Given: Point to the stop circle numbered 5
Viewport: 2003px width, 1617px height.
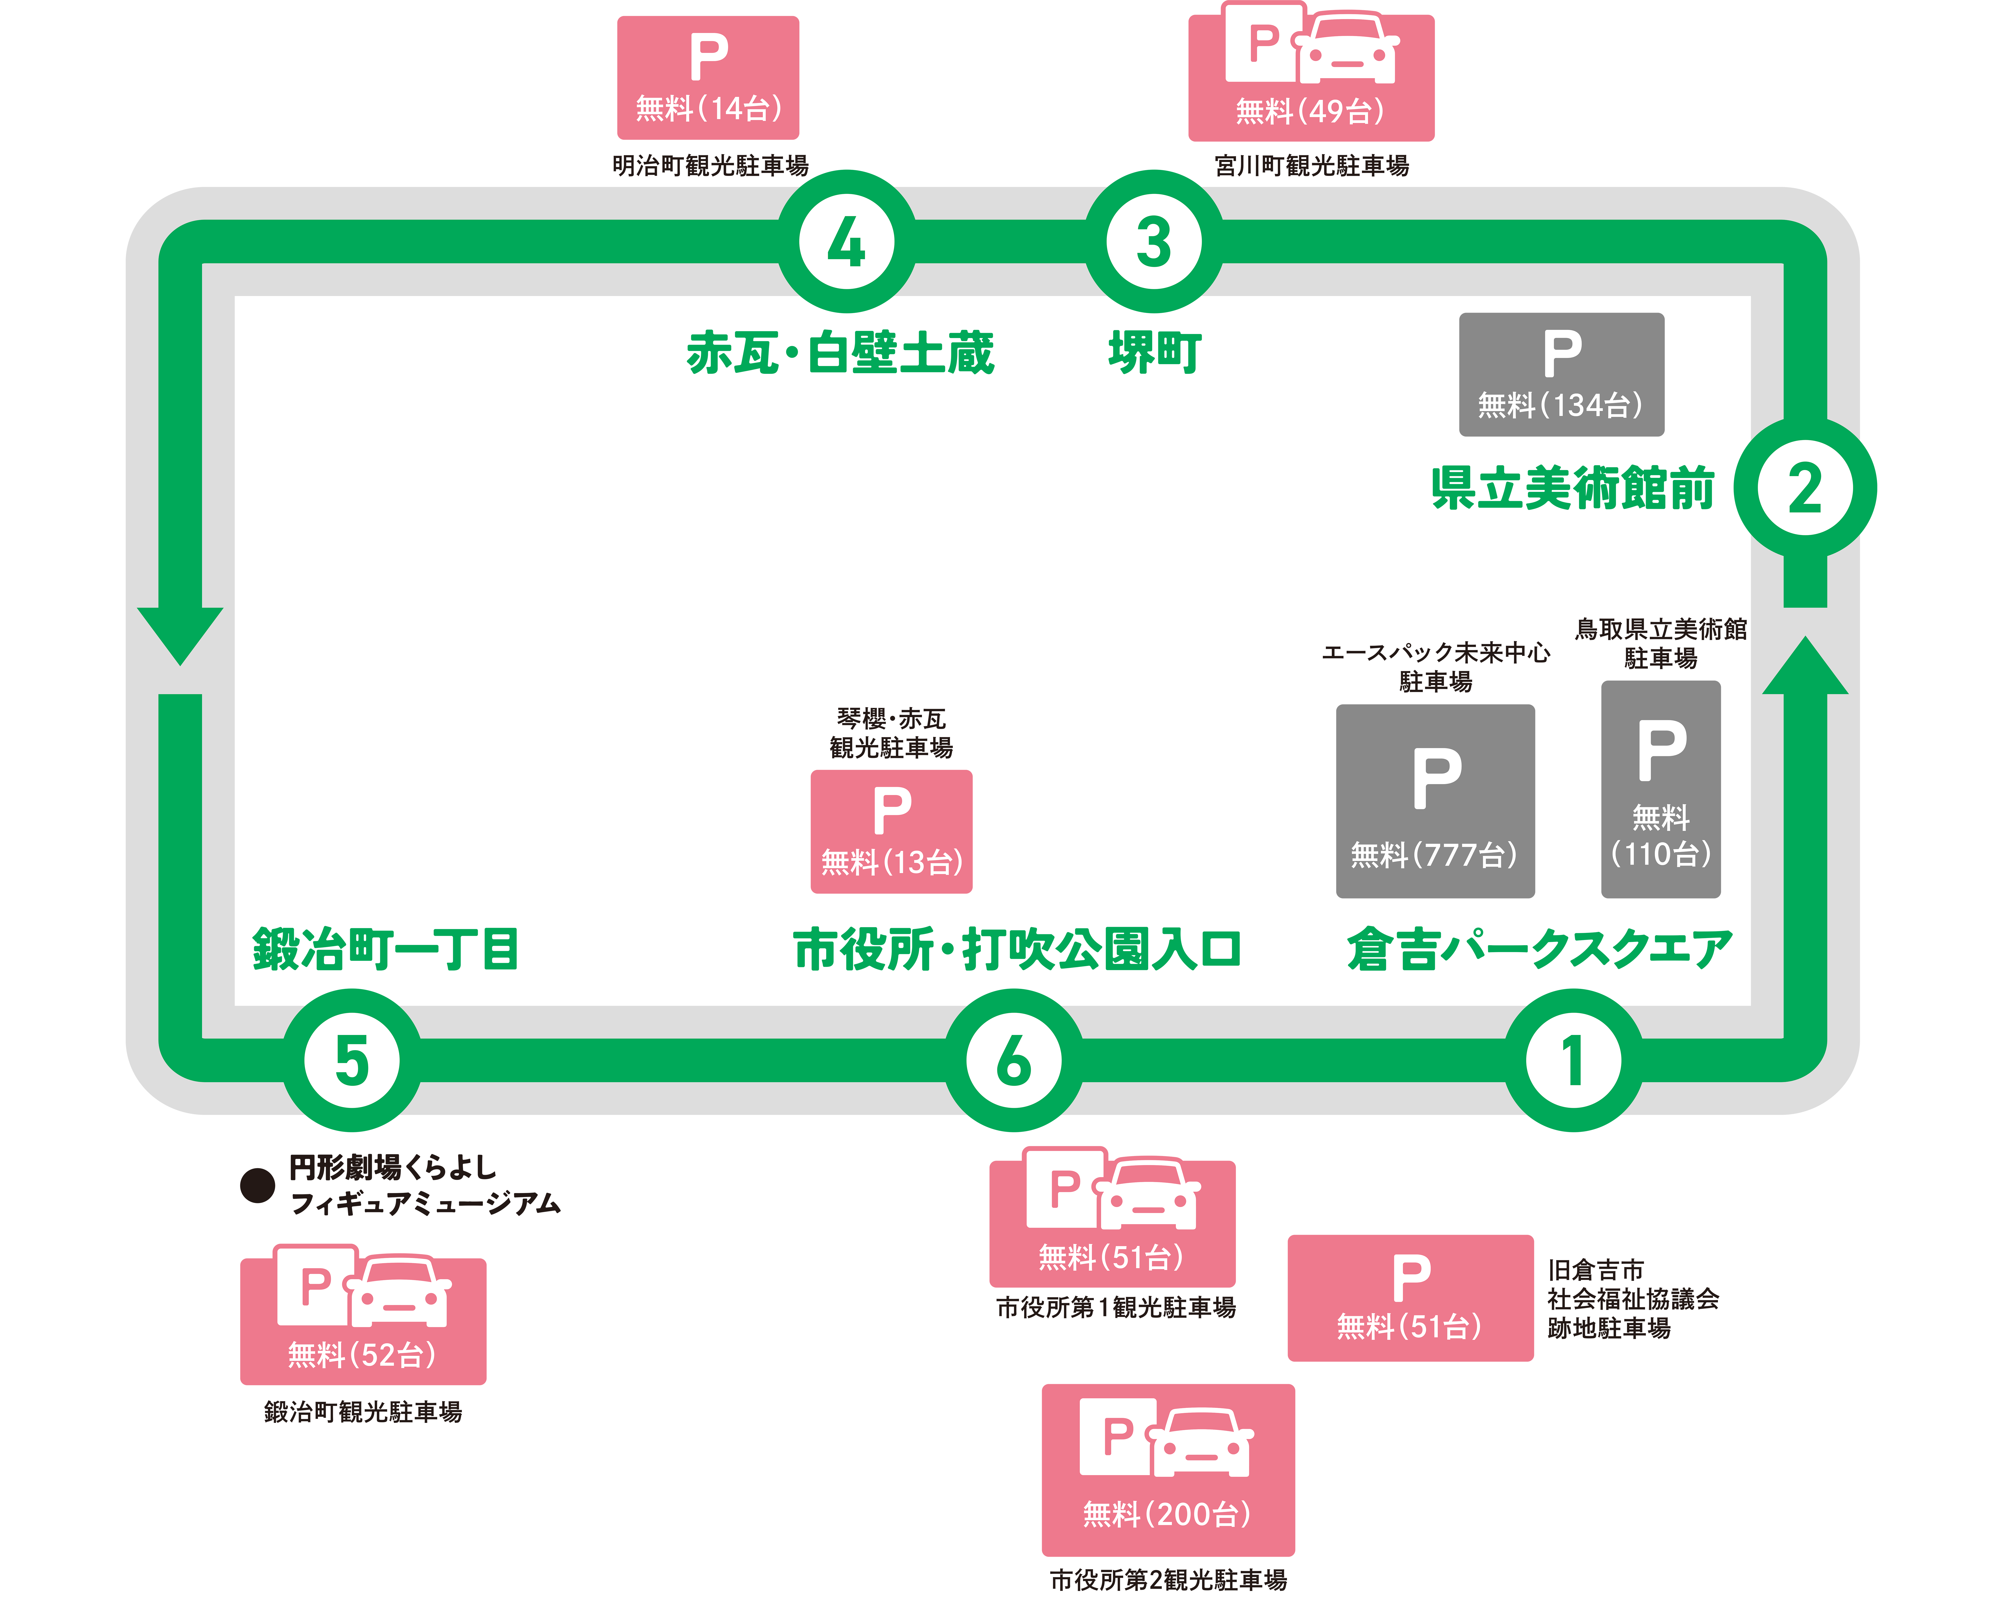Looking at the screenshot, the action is point(352,1060).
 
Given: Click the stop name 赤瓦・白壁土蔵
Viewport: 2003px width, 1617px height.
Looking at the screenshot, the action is point(840,353).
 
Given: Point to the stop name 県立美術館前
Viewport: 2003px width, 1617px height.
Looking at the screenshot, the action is point(1573,488).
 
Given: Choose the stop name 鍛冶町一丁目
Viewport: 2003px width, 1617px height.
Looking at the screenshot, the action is point(386,949).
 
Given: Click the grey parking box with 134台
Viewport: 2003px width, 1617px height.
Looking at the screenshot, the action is point(1561,374).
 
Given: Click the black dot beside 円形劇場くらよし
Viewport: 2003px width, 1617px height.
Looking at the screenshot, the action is point(257,1186).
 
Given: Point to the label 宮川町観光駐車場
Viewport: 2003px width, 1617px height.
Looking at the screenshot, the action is point(1312,166).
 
